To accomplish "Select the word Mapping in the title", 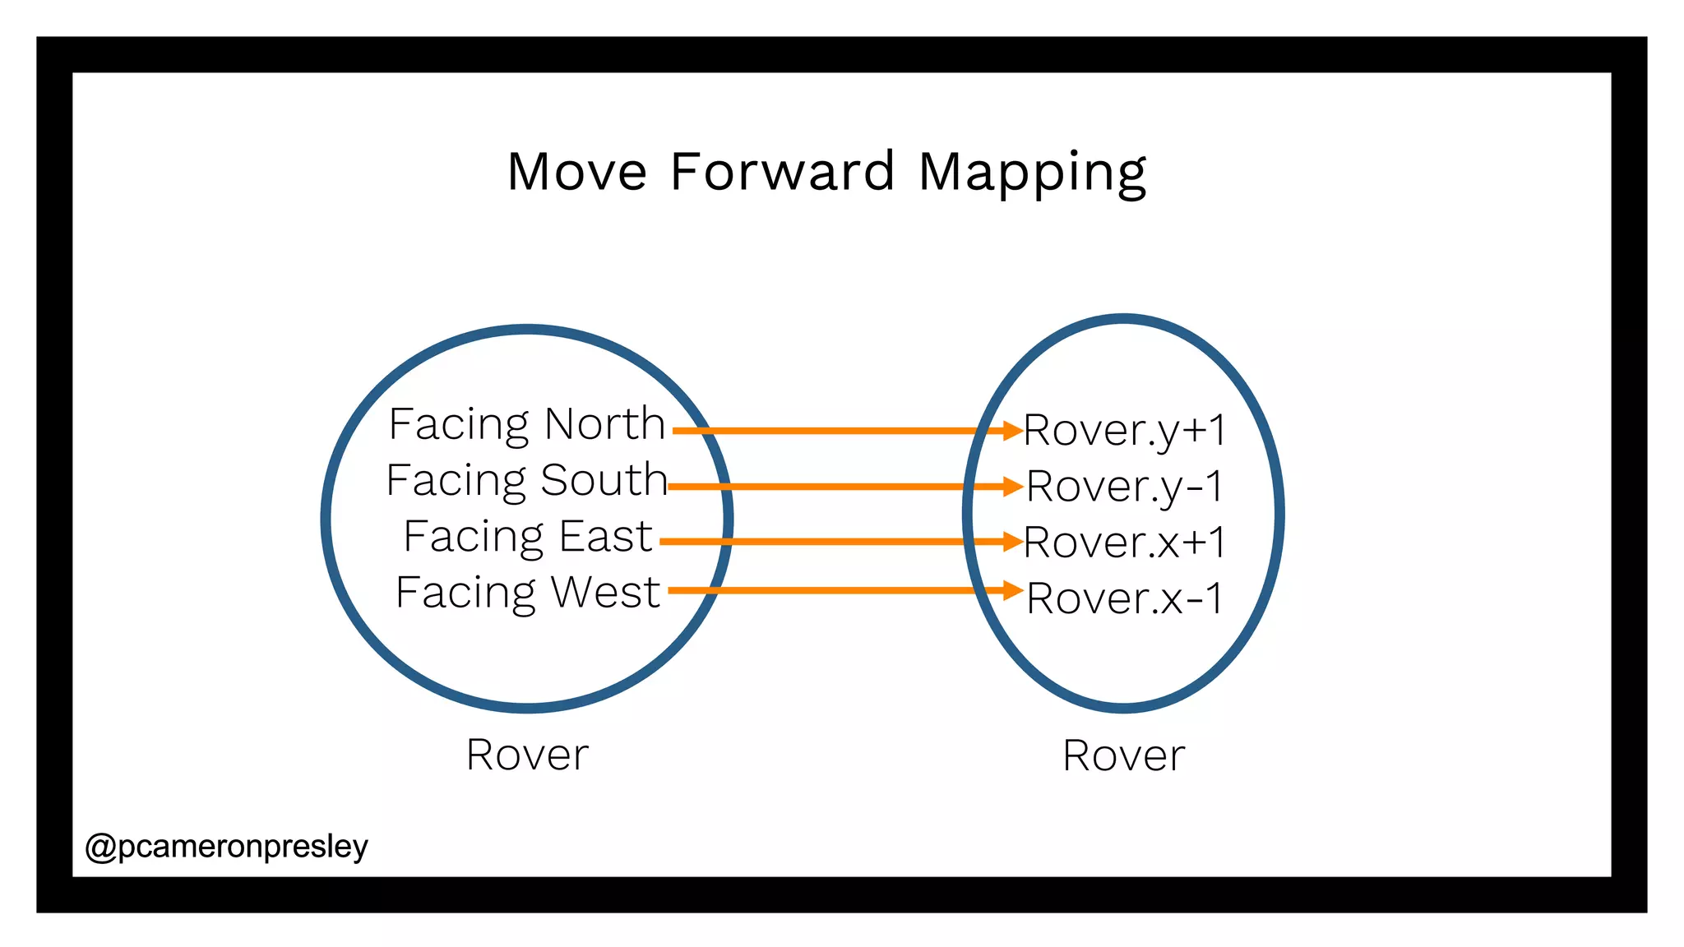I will click(x=1032, y=173).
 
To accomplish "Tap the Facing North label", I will click(x=526, y=425).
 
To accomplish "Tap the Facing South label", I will click(x=526, y=481).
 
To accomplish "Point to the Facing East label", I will click(x=528, y=537).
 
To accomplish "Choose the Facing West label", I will click(x=527, y=593).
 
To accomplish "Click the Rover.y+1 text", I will click(x=1125, y=431).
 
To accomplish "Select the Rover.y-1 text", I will click(x=1125, y=487).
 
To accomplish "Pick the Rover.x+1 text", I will click(x=1125, y=543).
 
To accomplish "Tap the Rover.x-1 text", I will click(x=1125, y=598).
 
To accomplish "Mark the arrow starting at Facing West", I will click(x=839, y=590).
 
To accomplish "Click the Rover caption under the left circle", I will click(x=527, y=755).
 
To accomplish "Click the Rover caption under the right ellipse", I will click(x=1123, y=755).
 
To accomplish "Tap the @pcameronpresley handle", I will click(x=227, y=847).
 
